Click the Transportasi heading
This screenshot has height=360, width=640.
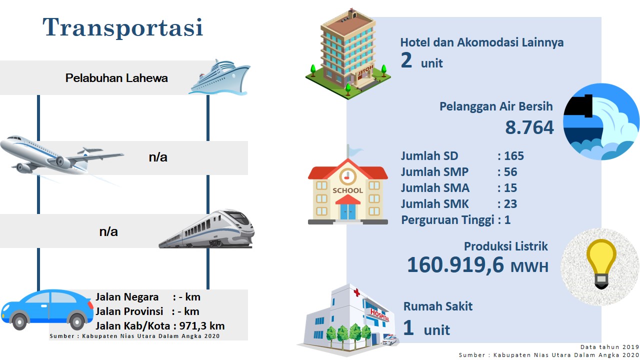pyautogui.click(x=123, y=27)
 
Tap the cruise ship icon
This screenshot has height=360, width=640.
pyautogui.click(x=219, y=77)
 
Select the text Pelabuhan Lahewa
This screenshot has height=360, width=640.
pyautogui.click(x=116, y=78)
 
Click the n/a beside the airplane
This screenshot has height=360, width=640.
pyautogui.click(x=158, y=157)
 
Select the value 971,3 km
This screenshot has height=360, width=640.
pyautogui.click(x=201, y=326)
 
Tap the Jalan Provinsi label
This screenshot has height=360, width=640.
pyautogui.click(x=129, y=311)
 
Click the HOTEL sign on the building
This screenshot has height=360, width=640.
pyautogui.click(x=365, y=71)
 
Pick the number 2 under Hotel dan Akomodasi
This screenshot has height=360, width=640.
pyautogui.click(x=406, y=60)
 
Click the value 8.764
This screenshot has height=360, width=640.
pyautogui.click(x=529, y=127)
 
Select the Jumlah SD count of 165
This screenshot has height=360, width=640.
pyautogui.click(x=514, y=156)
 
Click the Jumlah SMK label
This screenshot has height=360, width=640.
pyautogui.click(x=434, y=204)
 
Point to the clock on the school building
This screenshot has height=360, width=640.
pyautogui.click(x=347, y=176)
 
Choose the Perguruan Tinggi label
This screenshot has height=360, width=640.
pyautogui.click(x=447, y=220)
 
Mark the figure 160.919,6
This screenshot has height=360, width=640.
pyautogui.click(x=455, y=265)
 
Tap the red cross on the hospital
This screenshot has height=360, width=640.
pyautogui.click(x=356, y=292)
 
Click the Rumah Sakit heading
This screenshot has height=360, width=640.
pyautogui.click(x=437, y=306)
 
